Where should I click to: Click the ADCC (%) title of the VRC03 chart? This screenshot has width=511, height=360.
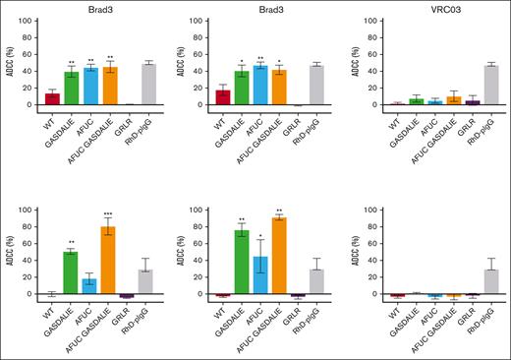[x=337, y=61]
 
